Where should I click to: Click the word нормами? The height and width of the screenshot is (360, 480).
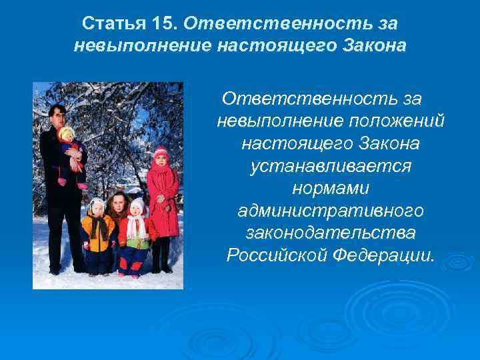tap(331, 189)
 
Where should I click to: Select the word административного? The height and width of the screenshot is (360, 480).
tap(331, 211)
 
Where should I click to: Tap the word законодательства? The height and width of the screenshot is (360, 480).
tap(331, 234)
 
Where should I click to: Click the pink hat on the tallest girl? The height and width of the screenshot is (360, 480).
tap(161, 153)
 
